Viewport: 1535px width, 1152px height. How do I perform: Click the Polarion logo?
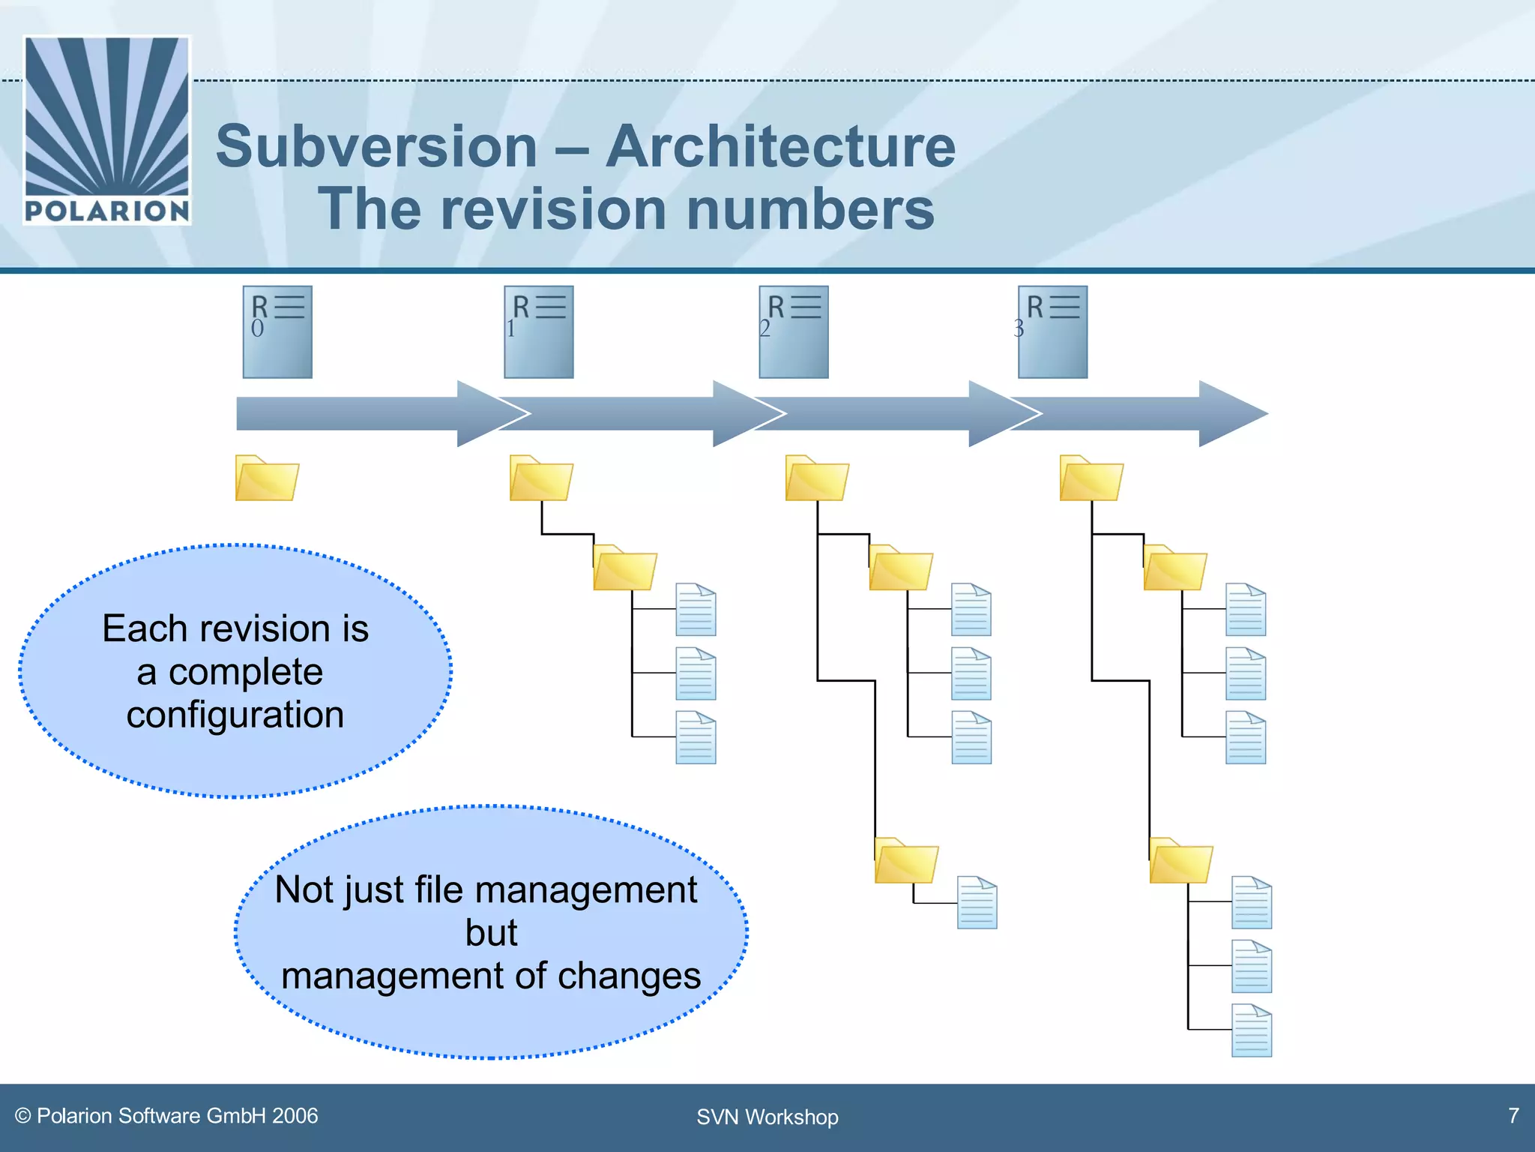click(x=107, y=130)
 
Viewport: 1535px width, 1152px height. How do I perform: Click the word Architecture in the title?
click(x=780, y=146)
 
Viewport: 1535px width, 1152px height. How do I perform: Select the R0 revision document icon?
click(x=277, y=331)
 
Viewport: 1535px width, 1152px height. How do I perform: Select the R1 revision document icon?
click(x=538, y=331)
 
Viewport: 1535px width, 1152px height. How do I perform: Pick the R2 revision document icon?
click(x=794, y=331)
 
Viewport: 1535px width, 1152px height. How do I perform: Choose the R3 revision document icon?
click(x=1052, y=331)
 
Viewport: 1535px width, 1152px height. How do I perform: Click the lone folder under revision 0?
click(x=267, y=478)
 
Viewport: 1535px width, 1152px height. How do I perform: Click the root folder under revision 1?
click(x=541, y=478)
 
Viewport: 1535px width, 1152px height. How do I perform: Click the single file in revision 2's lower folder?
click(x=977, y=903)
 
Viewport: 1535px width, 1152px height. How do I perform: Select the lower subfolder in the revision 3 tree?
click(x=1180, y=861)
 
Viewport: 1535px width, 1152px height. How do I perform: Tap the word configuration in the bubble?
click(x=235, y=715)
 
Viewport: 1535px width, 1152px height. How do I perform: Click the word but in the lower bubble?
click(x=491, y=933)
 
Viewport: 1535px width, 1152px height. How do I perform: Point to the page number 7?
click(x=1513, y=1115)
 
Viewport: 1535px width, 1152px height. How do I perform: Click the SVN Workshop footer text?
click(x=767, y=1117)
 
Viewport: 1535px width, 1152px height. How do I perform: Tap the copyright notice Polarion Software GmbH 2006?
click(x=167, y=1116)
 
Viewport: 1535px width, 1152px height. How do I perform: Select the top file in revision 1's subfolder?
click(x=696, y=610)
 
